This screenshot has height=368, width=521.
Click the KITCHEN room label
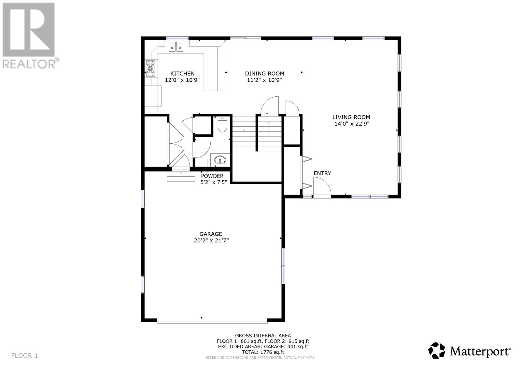click(x=182, y=74)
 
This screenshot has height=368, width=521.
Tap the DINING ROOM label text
click(x=264, y=74)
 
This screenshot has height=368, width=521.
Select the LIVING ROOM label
click(x=351, y=117)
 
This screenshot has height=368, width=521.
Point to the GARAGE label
click(x=211, y=234)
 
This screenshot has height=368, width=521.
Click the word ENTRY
click(x=322, y=173)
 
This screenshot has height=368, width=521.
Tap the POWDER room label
click(x=212, y=176)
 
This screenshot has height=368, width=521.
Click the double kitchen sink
click(x=176, y=48)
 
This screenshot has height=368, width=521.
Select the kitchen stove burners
click(x=150, y=68)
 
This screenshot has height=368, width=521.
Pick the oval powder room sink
click(x=220, y=160)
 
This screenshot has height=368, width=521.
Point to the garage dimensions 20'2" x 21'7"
click(x=211, y=240)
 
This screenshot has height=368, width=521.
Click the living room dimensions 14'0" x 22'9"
click(x=352, y=124)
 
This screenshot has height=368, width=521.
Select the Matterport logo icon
click(x=437, y=350)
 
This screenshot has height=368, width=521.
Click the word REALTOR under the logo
click(x=29, y=64)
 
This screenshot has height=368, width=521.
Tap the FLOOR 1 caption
click(x=24, y=355)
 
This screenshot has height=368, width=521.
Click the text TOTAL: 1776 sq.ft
click(x=263, y=352)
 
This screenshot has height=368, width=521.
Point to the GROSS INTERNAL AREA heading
click(x=263, y=335)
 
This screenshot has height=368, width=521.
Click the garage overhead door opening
click(x=212, y=322)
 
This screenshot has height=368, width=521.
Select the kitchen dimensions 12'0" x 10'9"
click(x=182, y=80)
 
